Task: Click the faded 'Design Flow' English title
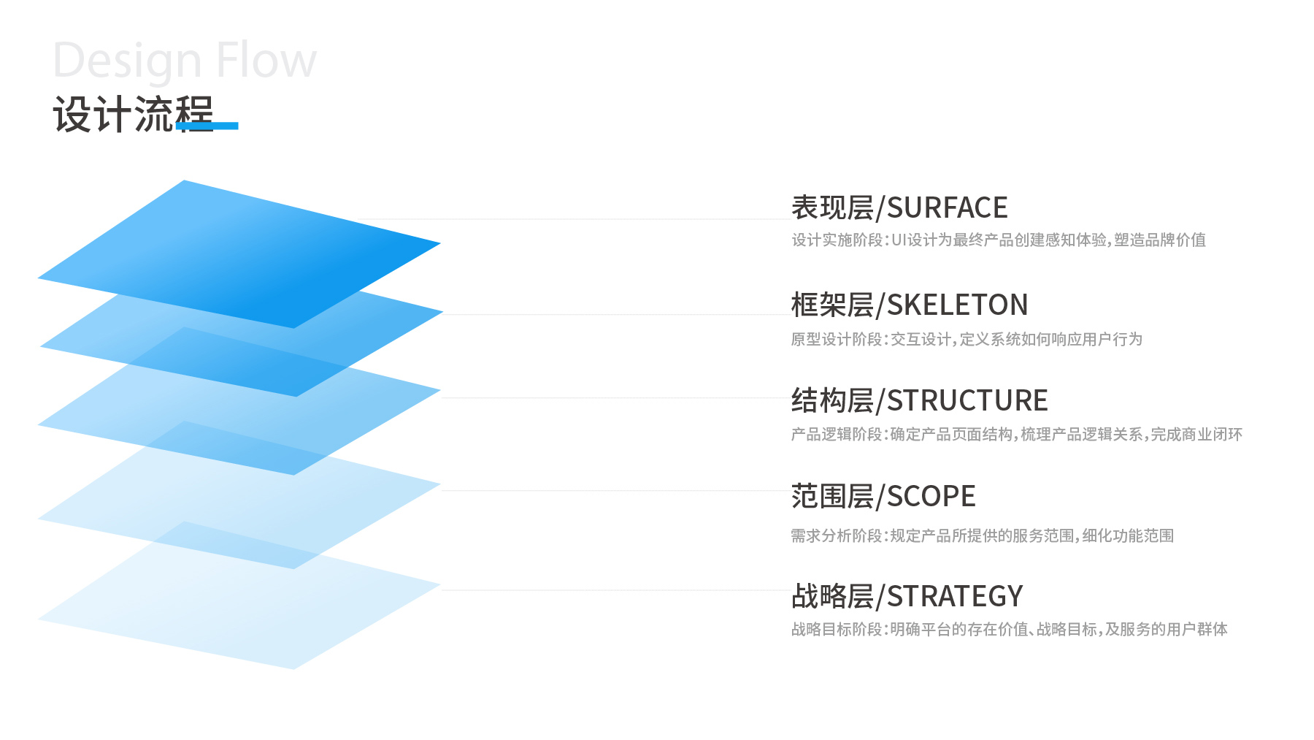pos(185,61)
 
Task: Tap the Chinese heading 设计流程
pos(133,115)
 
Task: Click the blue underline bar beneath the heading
pos(207,126)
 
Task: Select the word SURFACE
pos(947,208)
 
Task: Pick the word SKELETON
pos(957,305)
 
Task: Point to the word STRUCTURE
pos(967,401)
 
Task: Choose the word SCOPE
pos(931,497)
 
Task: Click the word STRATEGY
pos(955,597)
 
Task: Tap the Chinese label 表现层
pos(833,208)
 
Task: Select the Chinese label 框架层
pos(833,305)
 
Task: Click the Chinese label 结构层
pos(833,401)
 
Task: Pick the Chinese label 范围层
pos(833,497)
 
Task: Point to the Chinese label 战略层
pos(833,597)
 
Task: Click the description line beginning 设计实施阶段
pos(999,240)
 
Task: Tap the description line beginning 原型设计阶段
pos(967,340)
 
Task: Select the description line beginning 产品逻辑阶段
pos(1017,435)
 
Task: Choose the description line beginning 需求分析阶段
pos(983,536)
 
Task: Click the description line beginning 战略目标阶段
pos(1010,630)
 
